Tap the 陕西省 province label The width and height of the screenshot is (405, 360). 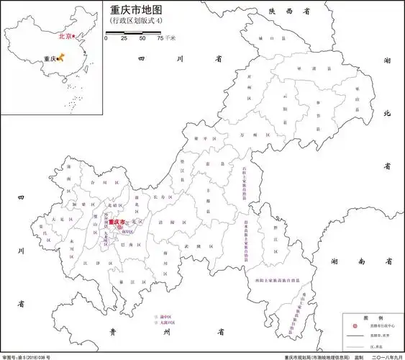click(283, 12)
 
